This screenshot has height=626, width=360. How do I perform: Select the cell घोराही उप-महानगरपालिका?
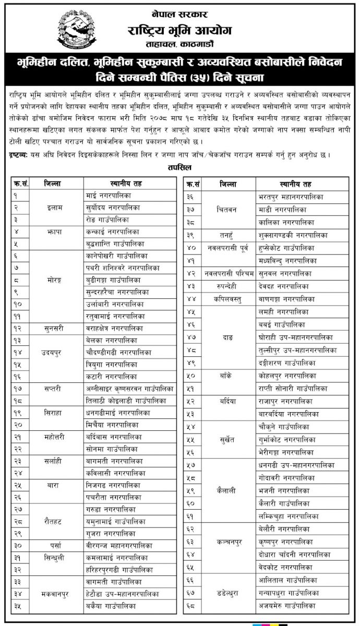coord(296,338)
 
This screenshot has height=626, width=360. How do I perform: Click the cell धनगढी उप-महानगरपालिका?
coord(296,465)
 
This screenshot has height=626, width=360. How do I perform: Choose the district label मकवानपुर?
coord(54,593)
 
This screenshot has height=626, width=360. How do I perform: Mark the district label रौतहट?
coord(54,521)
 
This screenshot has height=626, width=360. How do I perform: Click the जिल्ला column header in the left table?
coord(54,183)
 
